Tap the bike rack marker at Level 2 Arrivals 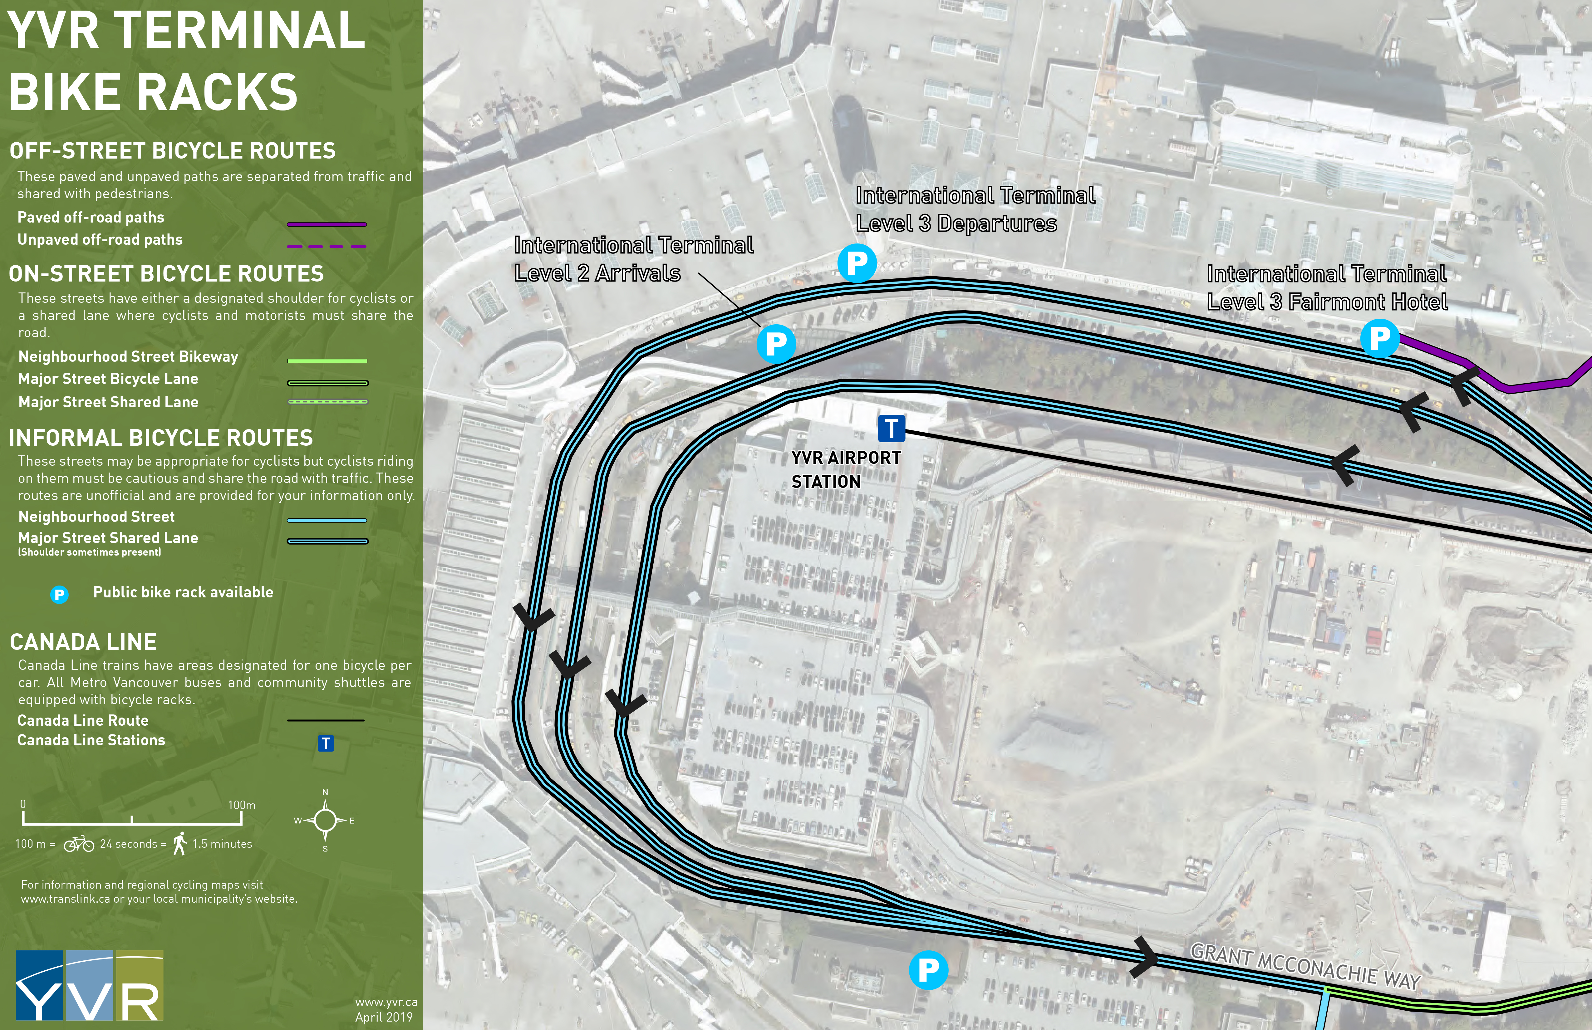(x=776, y=344)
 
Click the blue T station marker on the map (x=891, y=428)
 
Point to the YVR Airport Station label (x=846, y=469)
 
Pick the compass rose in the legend (x=325, y=820)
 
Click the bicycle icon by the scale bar (x=79, y=844)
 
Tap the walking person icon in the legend (x=179, y=843)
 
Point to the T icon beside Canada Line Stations (x=326, y=743)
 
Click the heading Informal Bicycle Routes (x=160, y=438)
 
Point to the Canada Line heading (x=83, y=642)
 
